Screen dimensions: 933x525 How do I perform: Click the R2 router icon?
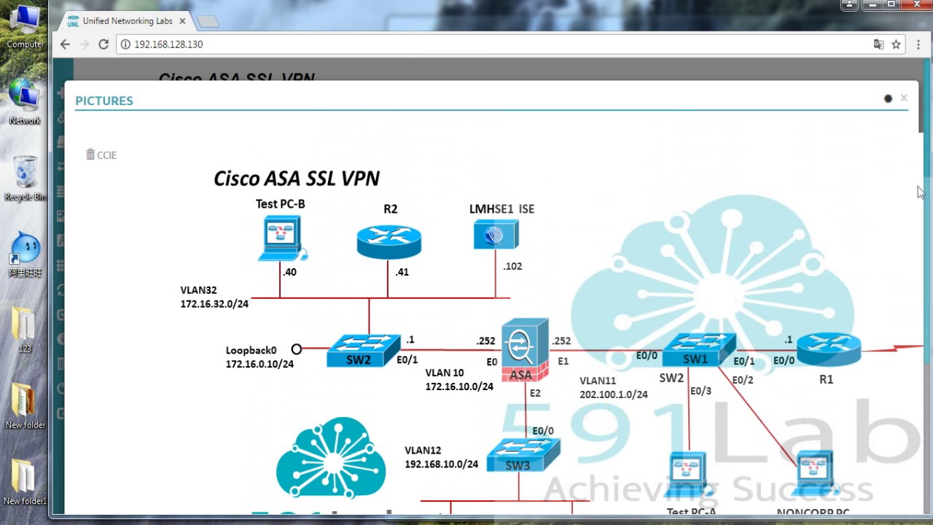389,241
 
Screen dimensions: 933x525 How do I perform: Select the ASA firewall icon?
524,349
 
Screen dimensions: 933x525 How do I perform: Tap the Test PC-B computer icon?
281,238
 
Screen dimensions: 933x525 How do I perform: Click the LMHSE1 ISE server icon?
496,235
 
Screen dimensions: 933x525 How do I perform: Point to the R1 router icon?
828,349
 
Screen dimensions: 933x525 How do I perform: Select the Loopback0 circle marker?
296,349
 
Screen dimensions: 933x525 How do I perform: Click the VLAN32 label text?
199,290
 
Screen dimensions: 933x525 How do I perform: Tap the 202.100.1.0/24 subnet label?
614,394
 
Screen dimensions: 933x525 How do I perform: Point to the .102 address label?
512,266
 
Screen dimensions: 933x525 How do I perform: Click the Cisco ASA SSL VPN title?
296,179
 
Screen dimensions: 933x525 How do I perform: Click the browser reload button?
104,44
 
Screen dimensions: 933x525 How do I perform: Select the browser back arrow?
65,44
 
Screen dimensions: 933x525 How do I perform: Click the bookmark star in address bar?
897,44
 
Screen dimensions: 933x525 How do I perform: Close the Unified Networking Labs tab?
182,21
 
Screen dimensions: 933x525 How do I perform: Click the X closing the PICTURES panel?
904,98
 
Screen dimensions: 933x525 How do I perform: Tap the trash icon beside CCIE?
90,155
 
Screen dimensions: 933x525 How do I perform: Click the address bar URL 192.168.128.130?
168,44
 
